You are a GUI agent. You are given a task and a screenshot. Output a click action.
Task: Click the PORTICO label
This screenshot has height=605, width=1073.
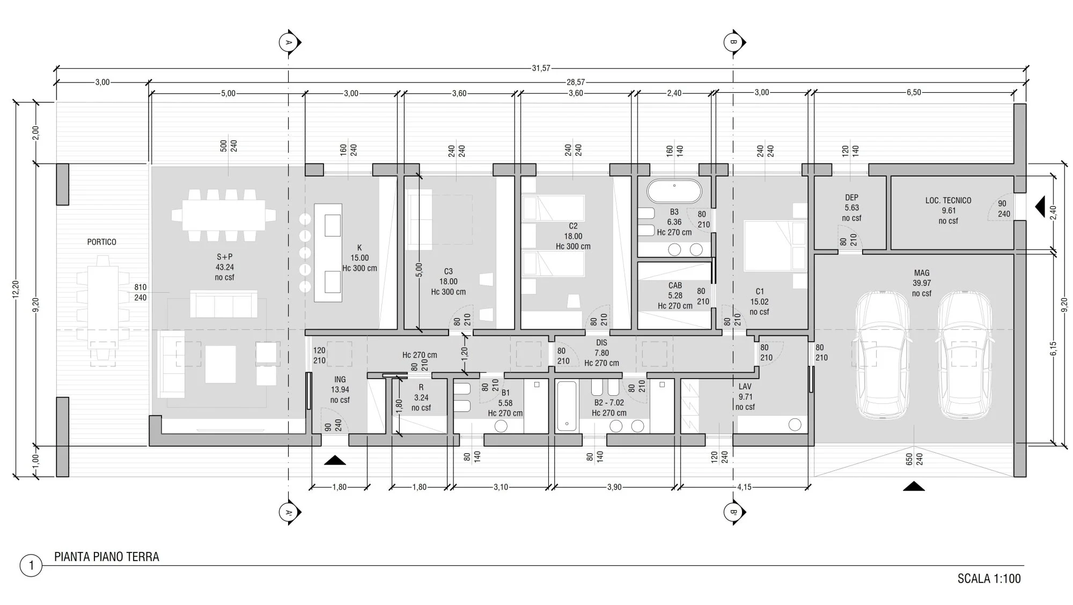[x=101, y=242]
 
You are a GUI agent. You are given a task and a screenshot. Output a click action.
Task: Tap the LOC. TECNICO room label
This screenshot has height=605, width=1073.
[x=948, y=201]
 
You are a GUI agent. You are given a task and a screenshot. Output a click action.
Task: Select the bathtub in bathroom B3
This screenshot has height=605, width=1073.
[x=674, y=191]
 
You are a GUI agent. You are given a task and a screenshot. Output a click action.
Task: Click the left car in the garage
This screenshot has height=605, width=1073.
[x=882, y=355]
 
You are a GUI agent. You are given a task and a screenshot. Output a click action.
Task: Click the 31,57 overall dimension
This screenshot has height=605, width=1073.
[x=541, y=69]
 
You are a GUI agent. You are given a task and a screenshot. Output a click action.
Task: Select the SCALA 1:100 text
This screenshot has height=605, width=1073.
[x=989, y=579]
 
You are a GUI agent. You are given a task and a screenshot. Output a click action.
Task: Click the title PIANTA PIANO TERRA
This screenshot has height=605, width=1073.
[x=107, y=557]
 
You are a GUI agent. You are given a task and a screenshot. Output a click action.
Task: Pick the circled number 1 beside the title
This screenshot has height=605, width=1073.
[x=31, y=565]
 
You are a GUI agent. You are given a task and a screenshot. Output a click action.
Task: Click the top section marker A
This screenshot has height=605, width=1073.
[x=289, y=42]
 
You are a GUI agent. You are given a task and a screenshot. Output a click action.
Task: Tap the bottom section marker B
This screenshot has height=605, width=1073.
[x=733, y=512]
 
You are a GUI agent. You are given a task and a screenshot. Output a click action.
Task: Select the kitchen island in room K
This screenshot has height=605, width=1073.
[x=328, y=248]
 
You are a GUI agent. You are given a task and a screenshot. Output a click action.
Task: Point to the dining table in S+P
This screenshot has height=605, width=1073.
[x=224, y=215]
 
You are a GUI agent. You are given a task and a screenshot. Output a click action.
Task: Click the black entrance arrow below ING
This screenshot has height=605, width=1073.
[x=335, y=460]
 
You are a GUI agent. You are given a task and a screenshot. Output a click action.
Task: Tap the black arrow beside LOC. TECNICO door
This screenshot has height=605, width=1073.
[x=1040, y=206]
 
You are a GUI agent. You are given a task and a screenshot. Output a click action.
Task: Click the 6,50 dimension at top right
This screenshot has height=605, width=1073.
[x=913, y=92]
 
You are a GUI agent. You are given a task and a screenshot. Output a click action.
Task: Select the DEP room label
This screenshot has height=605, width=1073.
[x=851, y=197]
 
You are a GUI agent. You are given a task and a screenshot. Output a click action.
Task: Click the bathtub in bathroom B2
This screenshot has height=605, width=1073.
[x=567, y=405]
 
